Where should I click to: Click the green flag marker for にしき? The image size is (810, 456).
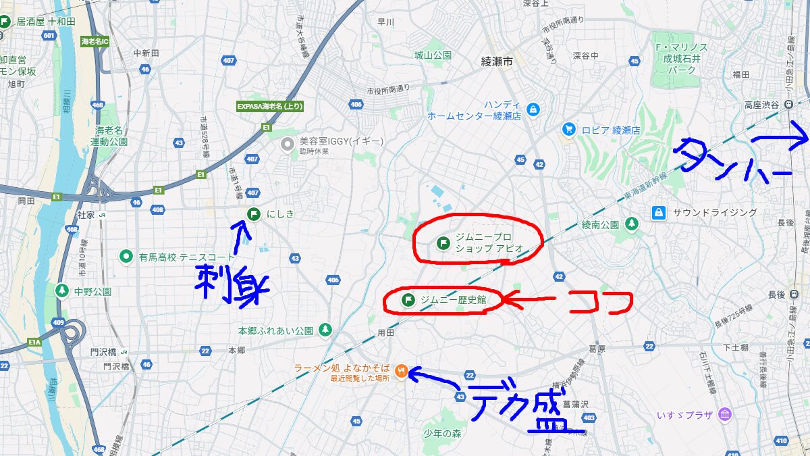[x=254, y=215]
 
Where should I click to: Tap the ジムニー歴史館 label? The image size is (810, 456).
[x=453, y=299]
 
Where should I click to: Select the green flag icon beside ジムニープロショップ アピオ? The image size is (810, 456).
[x=443, y=243]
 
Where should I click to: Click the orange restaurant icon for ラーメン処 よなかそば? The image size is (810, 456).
[x=402, y=371]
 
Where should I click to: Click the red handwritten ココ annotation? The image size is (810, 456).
[x=600, y=301]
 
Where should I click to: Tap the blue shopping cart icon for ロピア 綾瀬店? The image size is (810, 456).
[x=569, y=129]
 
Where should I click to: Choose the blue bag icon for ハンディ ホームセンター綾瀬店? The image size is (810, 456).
[x=533, y=109]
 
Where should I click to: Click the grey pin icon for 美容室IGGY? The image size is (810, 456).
[x=288, y=143]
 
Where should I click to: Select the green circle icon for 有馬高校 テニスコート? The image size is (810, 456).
[x=126, y=257]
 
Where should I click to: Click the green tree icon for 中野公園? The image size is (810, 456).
[x=62, y=290]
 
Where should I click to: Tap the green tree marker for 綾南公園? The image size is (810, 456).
[x=631, y=223]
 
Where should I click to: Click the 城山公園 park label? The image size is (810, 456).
[x=433, y=55]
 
